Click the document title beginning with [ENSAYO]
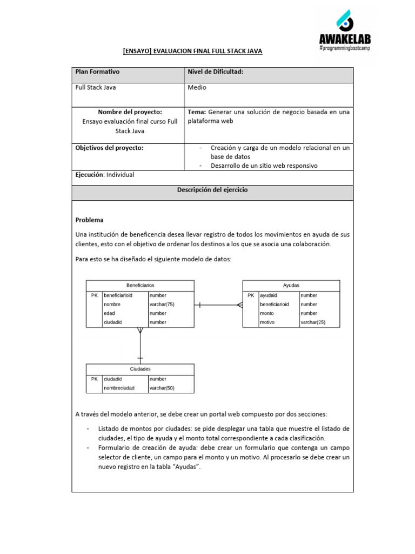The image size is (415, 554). [x=192, y=51]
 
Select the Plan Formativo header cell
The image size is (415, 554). [x=97, y=72]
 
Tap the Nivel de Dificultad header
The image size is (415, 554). [x=215, y=72]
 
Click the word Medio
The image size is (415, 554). [x=197, y=87]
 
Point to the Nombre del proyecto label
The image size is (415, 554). [x=130, y=111]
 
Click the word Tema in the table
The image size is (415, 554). [x=196, y=112]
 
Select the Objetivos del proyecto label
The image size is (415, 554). [x=109, y=148]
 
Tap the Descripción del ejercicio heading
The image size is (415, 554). [x=212, y=190]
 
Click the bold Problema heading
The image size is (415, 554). [x=89, y=220]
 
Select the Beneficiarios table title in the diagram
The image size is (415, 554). [x=140, y=285]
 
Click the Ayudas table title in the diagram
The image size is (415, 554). [x=291, y=285]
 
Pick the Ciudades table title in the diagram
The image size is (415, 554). [x=140, y=369]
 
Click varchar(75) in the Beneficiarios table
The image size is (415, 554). [x=162, y=305]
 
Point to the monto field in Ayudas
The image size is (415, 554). [x=266, y=313]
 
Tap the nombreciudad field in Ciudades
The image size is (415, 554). [x=119, y=388]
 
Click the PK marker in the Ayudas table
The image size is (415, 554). [x=250, y=295]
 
